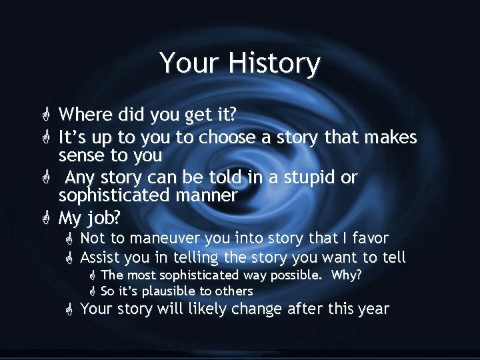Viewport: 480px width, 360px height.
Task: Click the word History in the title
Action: [x=275, y=63]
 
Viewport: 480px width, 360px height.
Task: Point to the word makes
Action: [x=387, y=138]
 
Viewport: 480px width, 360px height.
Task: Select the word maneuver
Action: [x=163, y=238]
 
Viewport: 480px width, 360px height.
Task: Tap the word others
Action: [x=233, y=291]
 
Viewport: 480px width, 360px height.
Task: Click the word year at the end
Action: [x=373, y=309]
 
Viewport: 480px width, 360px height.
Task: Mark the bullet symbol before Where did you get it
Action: [x=45, y=115]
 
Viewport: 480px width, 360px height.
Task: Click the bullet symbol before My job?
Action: [x=45, y=218]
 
